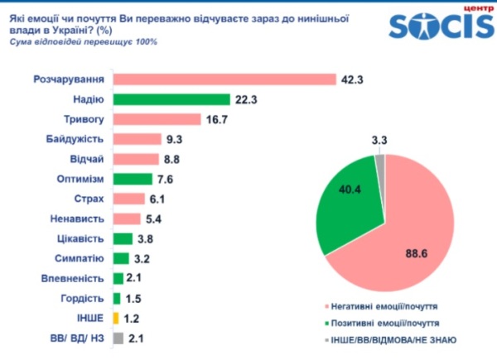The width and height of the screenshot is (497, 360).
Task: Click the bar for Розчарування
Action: point(224,79)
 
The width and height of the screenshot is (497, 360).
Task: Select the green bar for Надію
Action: point(171,99)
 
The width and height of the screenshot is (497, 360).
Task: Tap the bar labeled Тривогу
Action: point(157,119)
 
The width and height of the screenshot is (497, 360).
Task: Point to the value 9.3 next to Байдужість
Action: point(174,139)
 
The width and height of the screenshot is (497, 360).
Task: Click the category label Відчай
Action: point(87,159)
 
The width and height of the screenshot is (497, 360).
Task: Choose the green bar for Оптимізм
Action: point(133,179)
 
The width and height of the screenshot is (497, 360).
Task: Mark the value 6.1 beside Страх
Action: point(157,199)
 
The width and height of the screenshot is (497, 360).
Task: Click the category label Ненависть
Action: point(77,218)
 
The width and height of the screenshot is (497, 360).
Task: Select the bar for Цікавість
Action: point(123,238)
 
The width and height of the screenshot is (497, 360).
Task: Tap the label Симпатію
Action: point(80,258)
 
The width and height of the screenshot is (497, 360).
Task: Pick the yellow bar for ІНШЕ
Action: point(116,318)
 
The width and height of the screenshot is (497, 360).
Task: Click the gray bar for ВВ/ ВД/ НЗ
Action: point(118,338)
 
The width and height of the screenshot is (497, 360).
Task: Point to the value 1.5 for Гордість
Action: point(133,299)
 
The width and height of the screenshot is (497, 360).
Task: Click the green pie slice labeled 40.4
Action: point(349,199)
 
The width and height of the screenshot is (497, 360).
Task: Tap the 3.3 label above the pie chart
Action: point(379,140)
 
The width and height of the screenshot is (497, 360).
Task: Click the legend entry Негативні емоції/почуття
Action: point(384,306)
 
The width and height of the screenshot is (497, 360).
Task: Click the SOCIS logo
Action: point(442,23)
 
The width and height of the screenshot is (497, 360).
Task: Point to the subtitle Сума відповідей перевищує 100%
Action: point(83,42)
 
